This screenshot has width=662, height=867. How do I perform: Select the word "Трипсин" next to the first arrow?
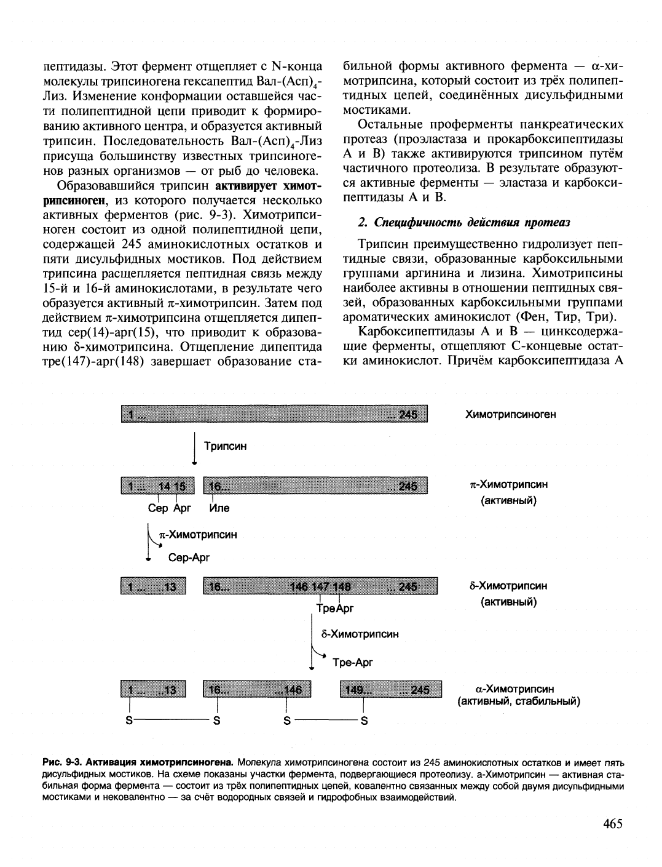225,446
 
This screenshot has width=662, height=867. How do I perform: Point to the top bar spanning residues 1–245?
274,415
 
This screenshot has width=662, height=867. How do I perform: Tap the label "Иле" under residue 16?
219,508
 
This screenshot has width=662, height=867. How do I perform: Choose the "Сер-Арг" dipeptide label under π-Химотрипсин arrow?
189,557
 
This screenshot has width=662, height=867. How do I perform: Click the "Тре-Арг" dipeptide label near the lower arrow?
352,662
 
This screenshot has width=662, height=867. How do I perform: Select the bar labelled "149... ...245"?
391,690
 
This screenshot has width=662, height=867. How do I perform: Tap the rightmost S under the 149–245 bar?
364,721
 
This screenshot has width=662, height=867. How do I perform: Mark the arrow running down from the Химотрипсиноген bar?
194,449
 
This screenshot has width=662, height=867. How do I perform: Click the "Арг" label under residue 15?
182,508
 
